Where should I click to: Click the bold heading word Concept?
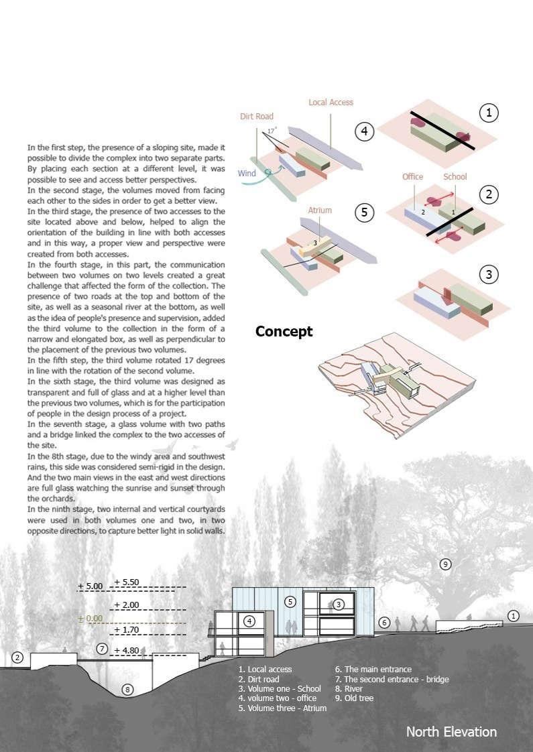(284, 332)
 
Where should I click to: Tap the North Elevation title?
(451, 731)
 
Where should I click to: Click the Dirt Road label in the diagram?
(257, 117)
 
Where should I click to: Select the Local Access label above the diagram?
(331, 103)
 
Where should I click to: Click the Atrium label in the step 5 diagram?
(320, 210)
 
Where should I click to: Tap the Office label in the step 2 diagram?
(412, 176)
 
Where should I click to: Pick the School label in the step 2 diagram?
(455, 176)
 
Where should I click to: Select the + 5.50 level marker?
(126, 582)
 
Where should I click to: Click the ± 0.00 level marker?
(89, 618)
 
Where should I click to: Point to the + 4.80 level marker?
(126, 650)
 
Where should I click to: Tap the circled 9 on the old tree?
(446, 564)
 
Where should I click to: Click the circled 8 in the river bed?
(128, 688)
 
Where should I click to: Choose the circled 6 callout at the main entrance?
(384, 623)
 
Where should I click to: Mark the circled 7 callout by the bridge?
(102, 648)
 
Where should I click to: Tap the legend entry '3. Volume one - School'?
(280, 688)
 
